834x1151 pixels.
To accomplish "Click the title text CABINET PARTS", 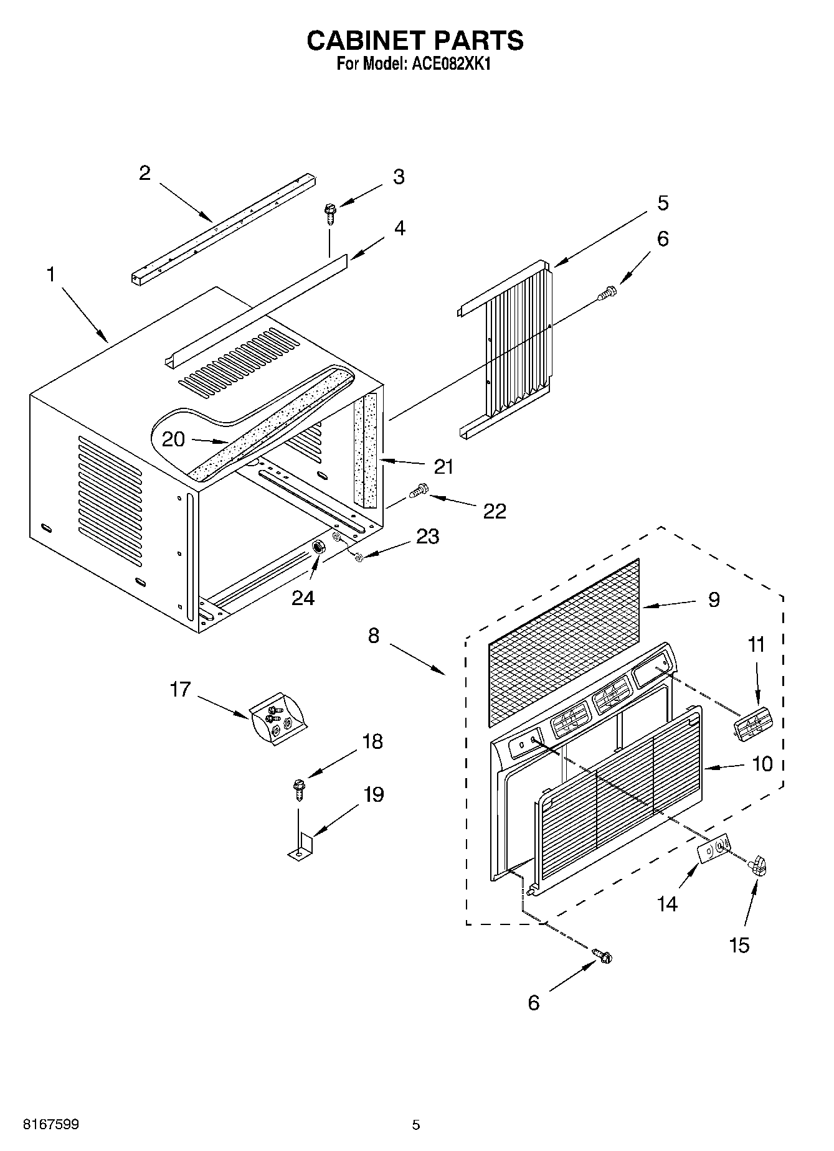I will coord(415,41).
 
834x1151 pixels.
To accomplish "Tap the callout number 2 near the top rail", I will coord(145,173).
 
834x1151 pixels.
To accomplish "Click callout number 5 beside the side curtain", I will coord(662,203).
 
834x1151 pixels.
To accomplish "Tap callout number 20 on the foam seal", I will coord(173,439).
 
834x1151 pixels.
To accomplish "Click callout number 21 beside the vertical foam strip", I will coord(443,466).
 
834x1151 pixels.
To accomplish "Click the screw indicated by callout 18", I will coord(298,787).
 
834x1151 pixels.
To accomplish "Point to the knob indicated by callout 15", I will coord(758,865).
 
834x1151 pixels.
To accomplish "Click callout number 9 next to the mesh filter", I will coord(714,599).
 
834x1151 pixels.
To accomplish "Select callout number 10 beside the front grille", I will coord(762,763).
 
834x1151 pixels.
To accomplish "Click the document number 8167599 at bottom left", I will coord(51,1124).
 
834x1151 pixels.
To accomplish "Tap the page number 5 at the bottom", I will coord(416,1124).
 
